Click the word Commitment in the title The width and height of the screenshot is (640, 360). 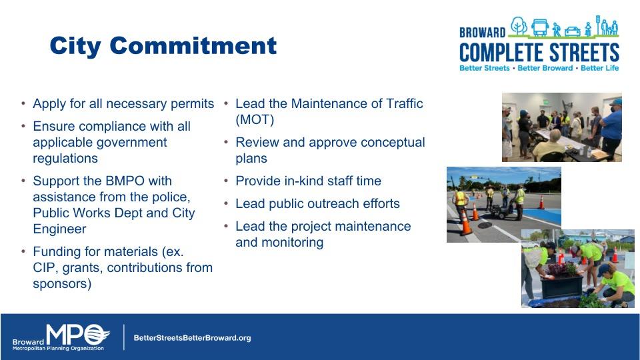[x=193, y=45]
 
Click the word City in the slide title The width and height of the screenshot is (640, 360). [x=75, y=47]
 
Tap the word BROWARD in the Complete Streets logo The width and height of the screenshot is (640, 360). [x=482, y=32]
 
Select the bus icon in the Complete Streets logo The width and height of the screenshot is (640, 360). [x=539, y=27]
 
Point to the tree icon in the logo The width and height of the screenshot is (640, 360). [x=519, y=26]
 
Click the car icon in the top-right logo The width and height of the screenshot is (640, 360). [x=572, y=31]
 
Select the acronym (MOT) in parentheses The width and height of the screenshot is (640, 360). [x=255, y=119]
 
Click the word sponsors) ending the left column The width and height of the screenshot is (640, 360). [x=62, y=284]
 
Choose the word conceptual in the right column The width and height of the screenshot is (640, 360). [x=393, y=143]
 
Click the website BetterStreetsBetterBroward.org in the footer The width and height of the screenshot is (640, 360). [x=192, y=338]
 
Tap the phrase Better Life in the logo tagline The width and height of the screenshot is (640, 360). [x=599, y=68]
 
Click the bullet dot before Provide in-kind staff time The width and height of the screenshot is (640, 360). [x=226, y=181]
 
